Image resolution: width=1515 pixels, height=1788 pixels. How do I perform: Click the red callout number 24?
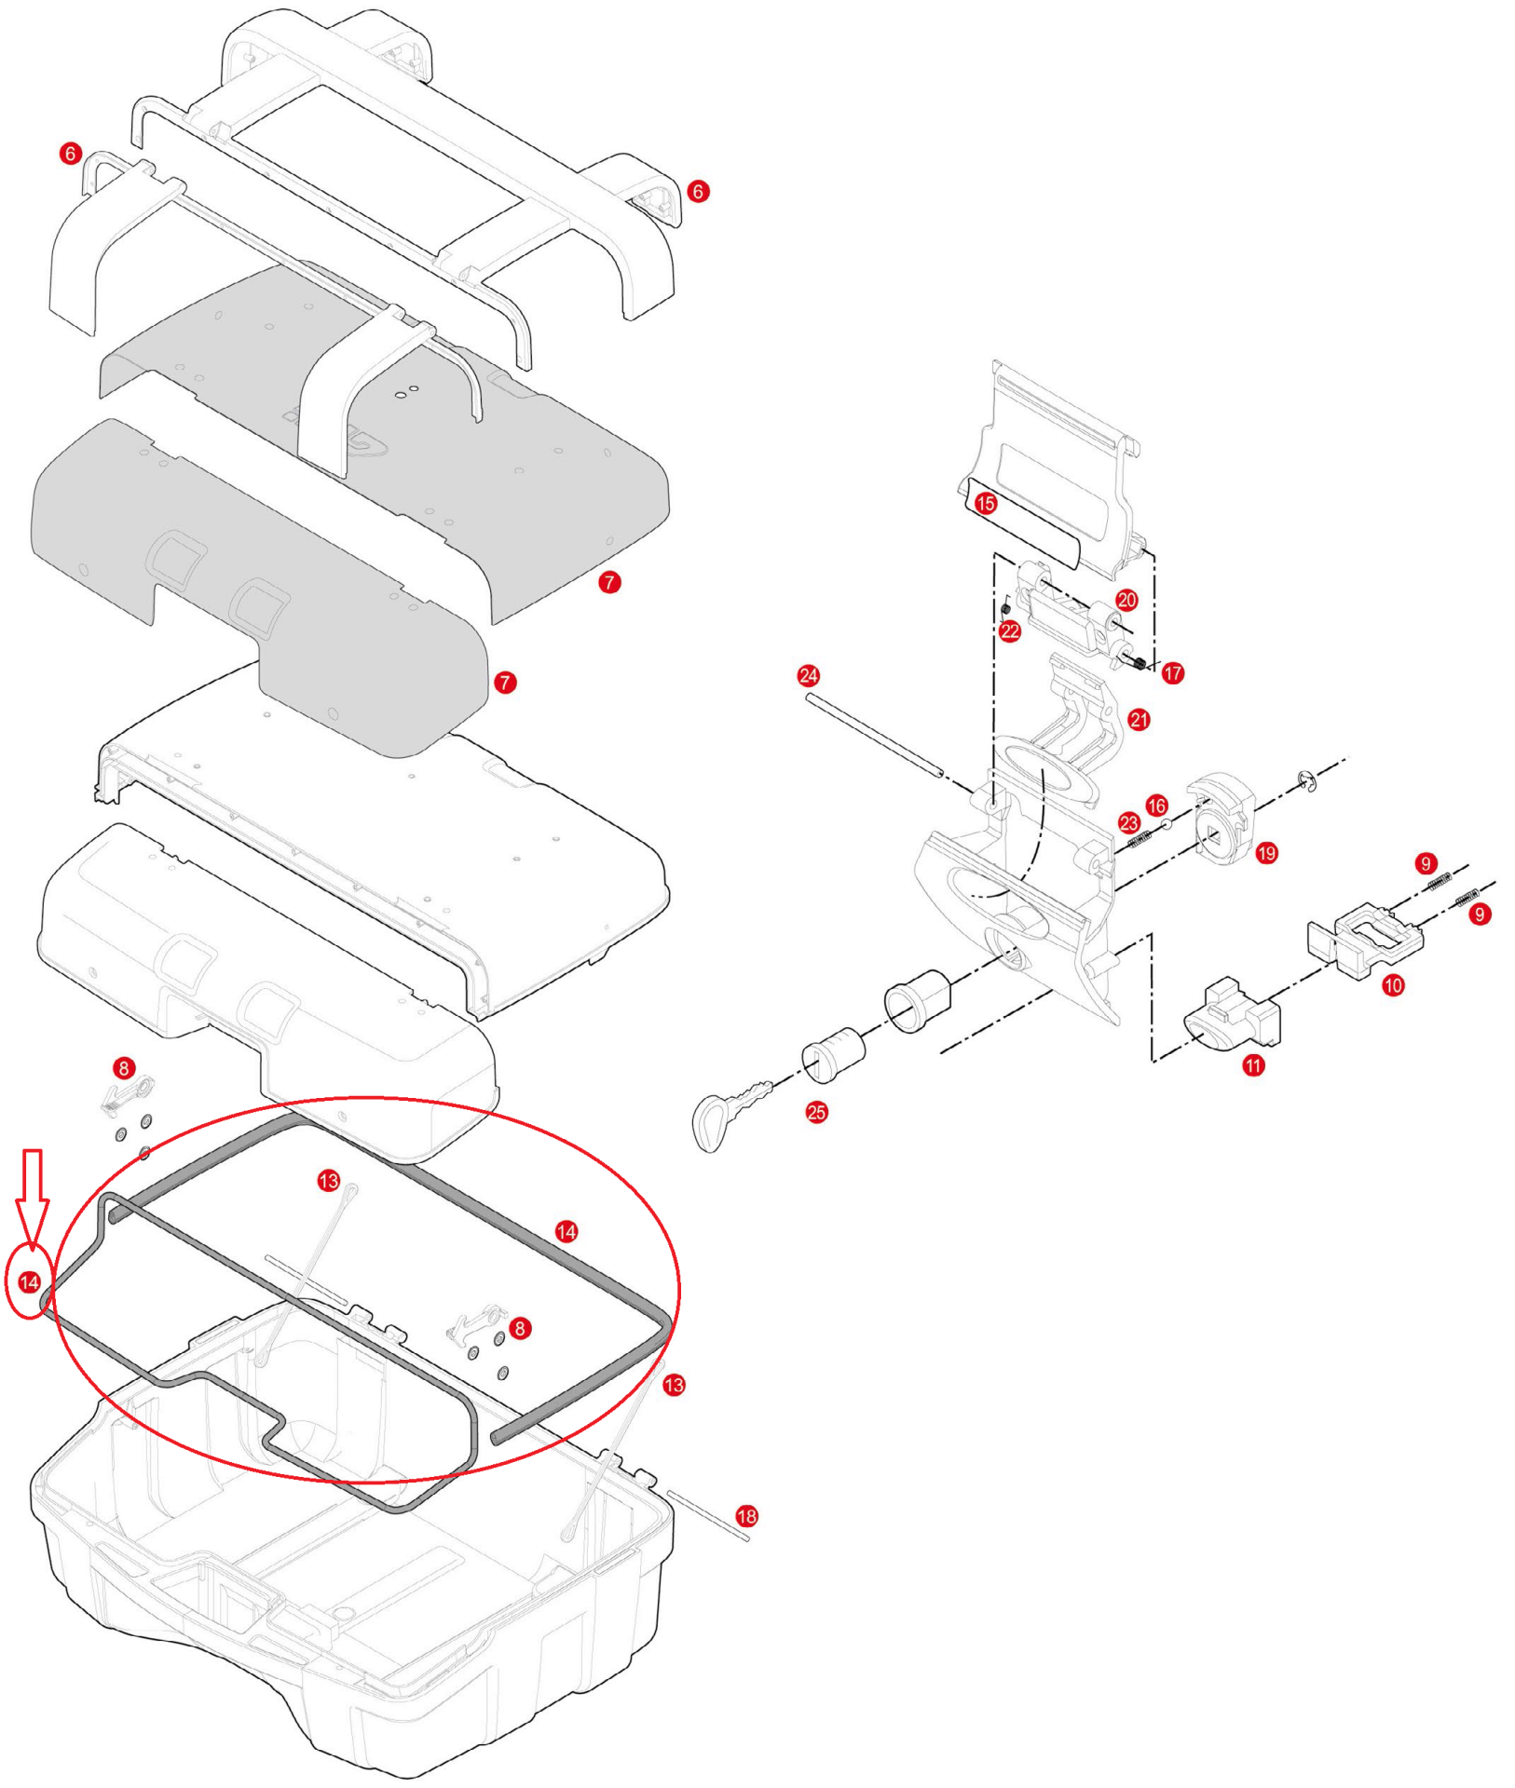[809, 675]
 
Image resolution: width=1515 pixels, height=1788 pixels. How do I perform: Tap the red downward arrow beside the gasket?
[33, 1196]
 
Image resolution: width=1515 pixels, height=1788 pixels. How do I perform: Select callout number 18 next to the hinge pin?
[747, 1516]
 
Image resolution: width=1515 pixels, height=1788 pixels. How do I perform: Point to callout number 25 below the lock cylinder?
[817, 1112]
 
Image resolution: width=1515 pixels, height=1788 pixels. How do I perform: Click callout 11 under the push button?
[1254, 1065]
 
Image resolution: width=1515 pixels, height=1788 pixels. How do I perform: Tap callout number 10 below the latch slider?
[1393, 985]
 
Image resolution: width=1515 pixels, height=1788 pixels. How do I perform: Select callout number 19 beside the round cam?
[1267, 852]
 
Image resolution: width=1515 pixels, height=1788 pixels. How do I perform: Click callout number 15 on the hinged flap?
[986, 504]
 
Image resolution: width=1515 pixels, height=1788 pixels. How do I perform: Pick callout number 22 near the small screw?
[1010, 631]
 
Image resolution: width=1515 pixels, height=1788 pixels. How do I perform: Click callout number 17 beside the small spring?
[1173, 672]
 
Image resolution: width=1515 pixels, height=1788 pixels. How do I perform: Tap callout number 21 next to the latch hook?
[1140, 720]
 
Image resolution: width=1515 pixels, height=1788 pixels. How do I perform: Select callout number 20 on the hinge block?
[1127, 600]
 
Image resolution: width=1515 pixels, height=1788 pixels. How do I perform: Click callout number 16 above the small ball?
[1156, 806]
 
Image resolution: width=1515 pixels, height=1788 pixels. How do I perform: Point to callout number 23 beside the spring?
[1129, 822]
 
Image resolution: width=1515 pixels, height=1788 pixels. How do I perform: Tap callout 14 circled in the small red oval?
[29, 1282]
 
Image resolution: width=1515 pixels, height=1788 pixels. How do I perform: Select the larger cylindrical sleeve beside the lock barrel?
[917, 1001]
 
